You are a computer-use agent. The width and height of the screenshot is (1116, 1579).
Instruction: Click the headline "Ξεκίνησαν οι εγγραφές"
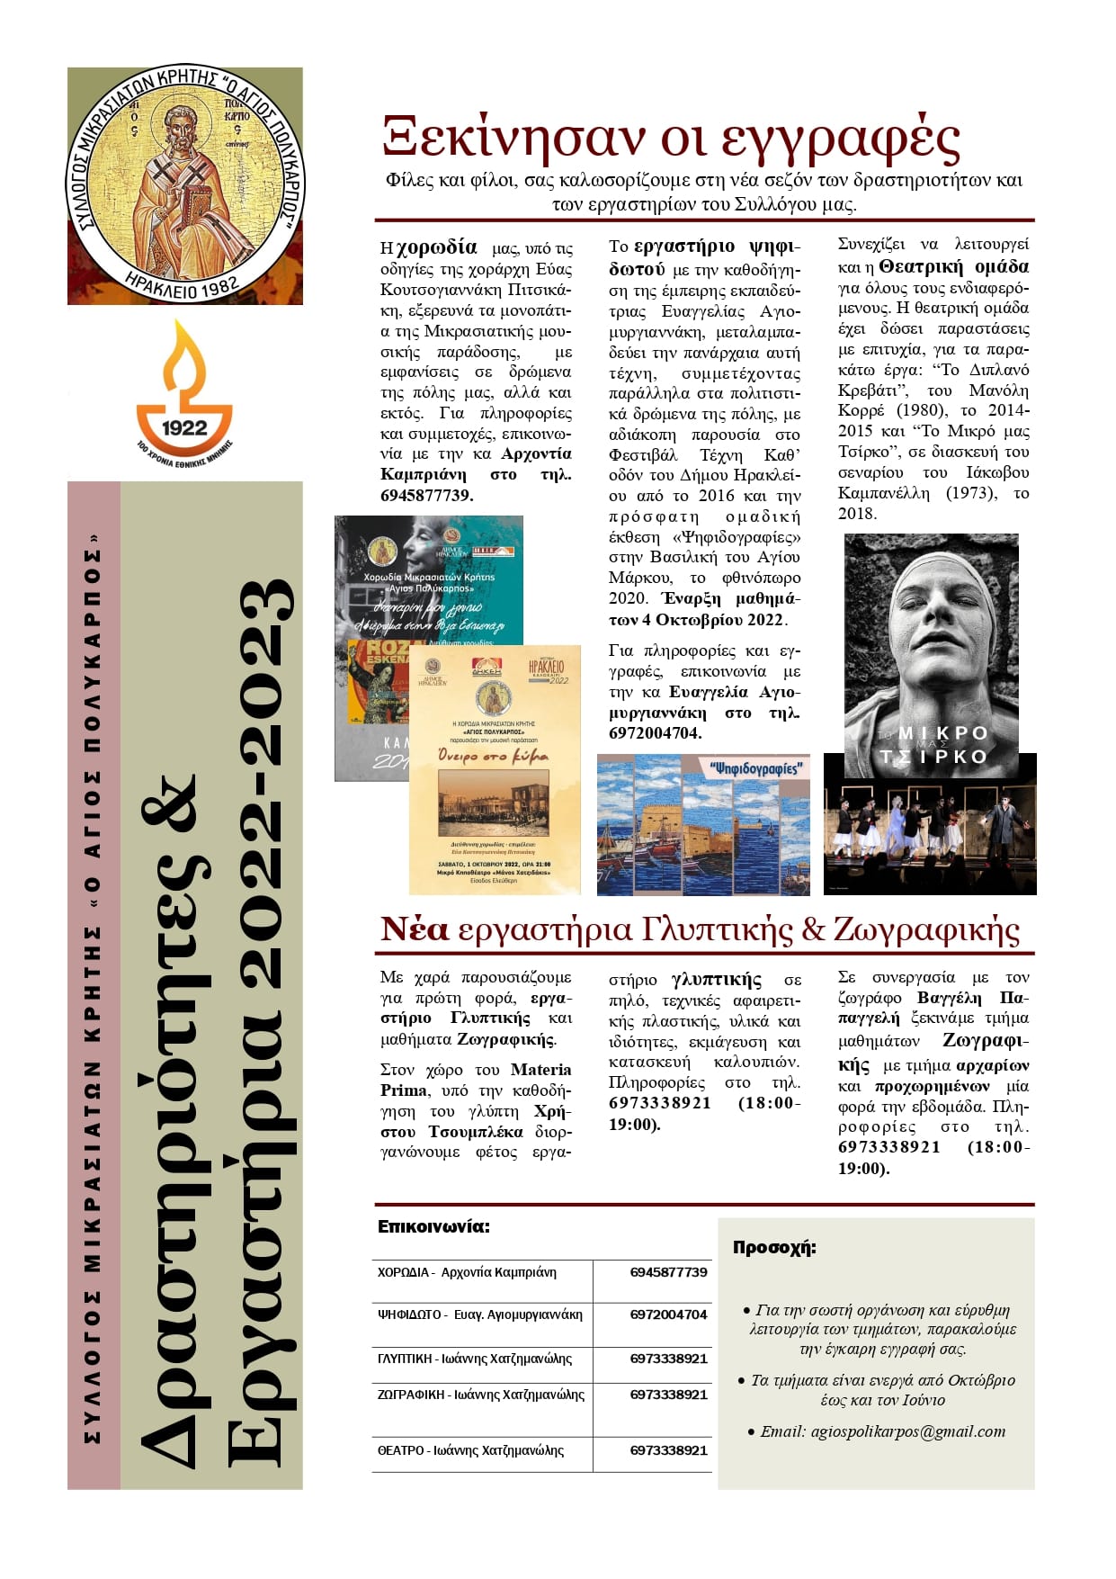(671, 139)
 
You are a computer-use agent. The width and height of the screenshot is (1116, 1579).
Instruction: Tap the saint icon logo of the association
(185, 185)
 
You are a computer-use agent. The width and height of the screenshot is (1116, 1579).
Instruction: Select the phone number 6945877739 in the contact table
(668, 1272)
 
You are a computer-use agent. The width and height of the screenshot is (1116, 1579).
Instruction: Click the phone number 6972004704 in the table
(668, 1314)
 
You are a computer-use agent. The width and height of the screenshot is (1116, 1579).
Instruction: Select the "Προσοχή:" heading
(774, 1248)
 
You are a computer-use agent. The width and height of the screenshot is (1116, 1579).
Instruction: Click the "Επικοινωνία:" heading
(433, 1226)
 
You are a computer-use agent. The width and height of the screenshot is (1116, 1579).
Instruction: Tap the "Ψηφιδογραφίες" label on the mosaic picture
(754, 768)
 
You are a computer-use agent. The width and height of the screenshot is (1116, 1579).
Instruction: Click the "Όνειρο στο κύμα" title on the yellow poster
(493, 756)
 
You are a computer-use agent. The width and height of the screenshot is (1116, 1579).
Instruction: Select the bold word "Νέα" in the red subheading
(414, 929)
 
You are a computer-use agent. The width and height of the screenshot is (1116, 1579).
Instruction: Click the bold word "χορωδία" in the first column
(436, 247)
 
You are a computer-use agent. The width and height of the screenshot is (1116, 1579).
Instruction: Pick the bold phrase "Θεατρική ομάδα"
(953, 266)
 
